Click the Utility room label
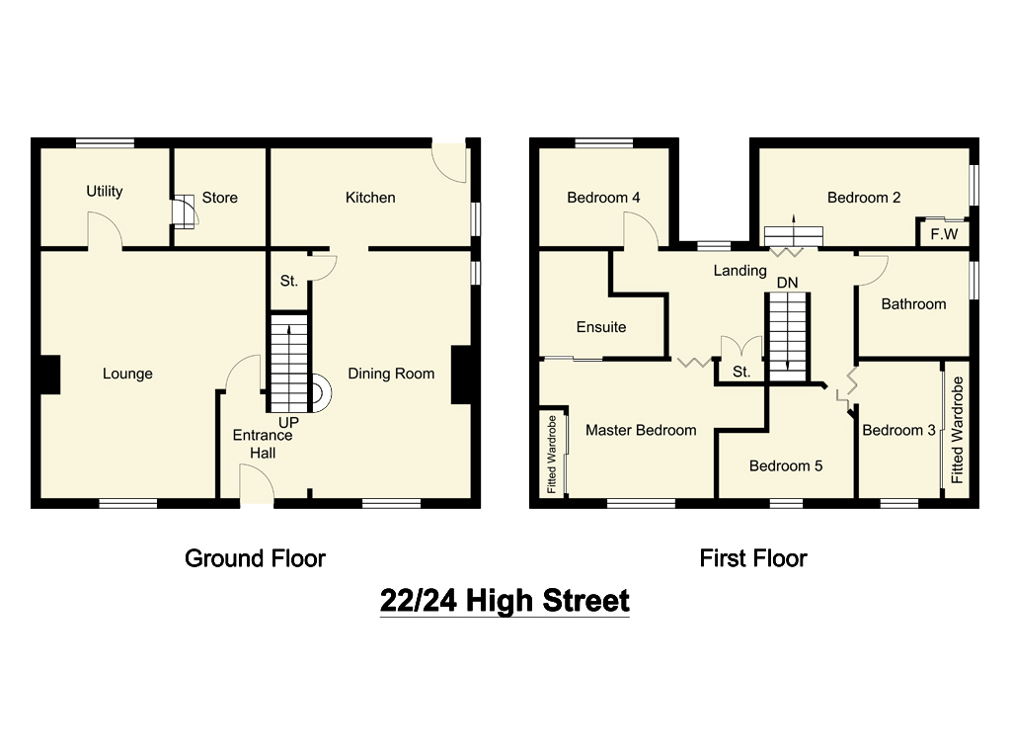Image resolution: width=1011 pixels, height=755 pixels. (x=104, y=191)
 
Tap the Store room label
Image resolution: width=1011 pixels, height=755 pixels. (x=219, y=198)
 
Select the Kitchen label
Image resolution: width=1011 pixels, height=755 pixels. (x=370, y=198)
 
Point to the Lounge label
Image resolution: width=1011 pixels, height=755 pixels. (x=127, y=374)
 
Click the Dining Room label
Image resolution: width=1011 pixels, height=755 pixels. (x=391, y=374)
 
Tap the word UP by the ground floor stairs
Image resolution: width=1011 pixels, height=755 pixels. (x=288, y=422)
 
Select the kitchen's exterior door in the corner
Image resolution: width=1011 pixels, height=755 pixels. (x=449, y=163)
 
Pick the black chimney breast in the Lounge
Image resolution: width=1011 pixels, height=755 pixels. (x=46, y=375)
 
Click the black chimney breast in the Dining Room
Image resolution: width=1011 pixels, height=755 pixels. (x=461, y=375)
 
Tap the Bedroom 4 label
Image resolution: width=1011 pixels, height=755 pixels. (x=603, y=198)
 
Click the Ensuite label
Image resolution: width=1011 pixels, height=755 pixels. (x=601, y=327)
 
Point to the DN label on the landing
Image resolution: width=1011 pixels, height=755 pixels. (x=787, y=283)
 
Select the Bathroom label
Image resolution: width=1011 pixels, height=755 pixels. (x=913, y=304)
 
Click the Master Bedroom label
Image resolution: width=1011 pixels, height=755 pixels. (x=641, y=430)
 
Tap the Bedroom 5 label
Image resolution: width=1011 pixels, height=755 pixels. (x=785, y=465)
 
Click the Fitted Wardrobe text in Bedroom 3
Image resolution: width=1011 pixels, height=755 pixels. (x=957, y=430)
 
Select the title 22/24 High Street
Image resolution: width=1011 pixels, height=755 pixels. (x=505, y=600)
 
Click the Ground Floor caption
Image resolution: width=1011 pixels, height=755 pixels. (x=255, y=558)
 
